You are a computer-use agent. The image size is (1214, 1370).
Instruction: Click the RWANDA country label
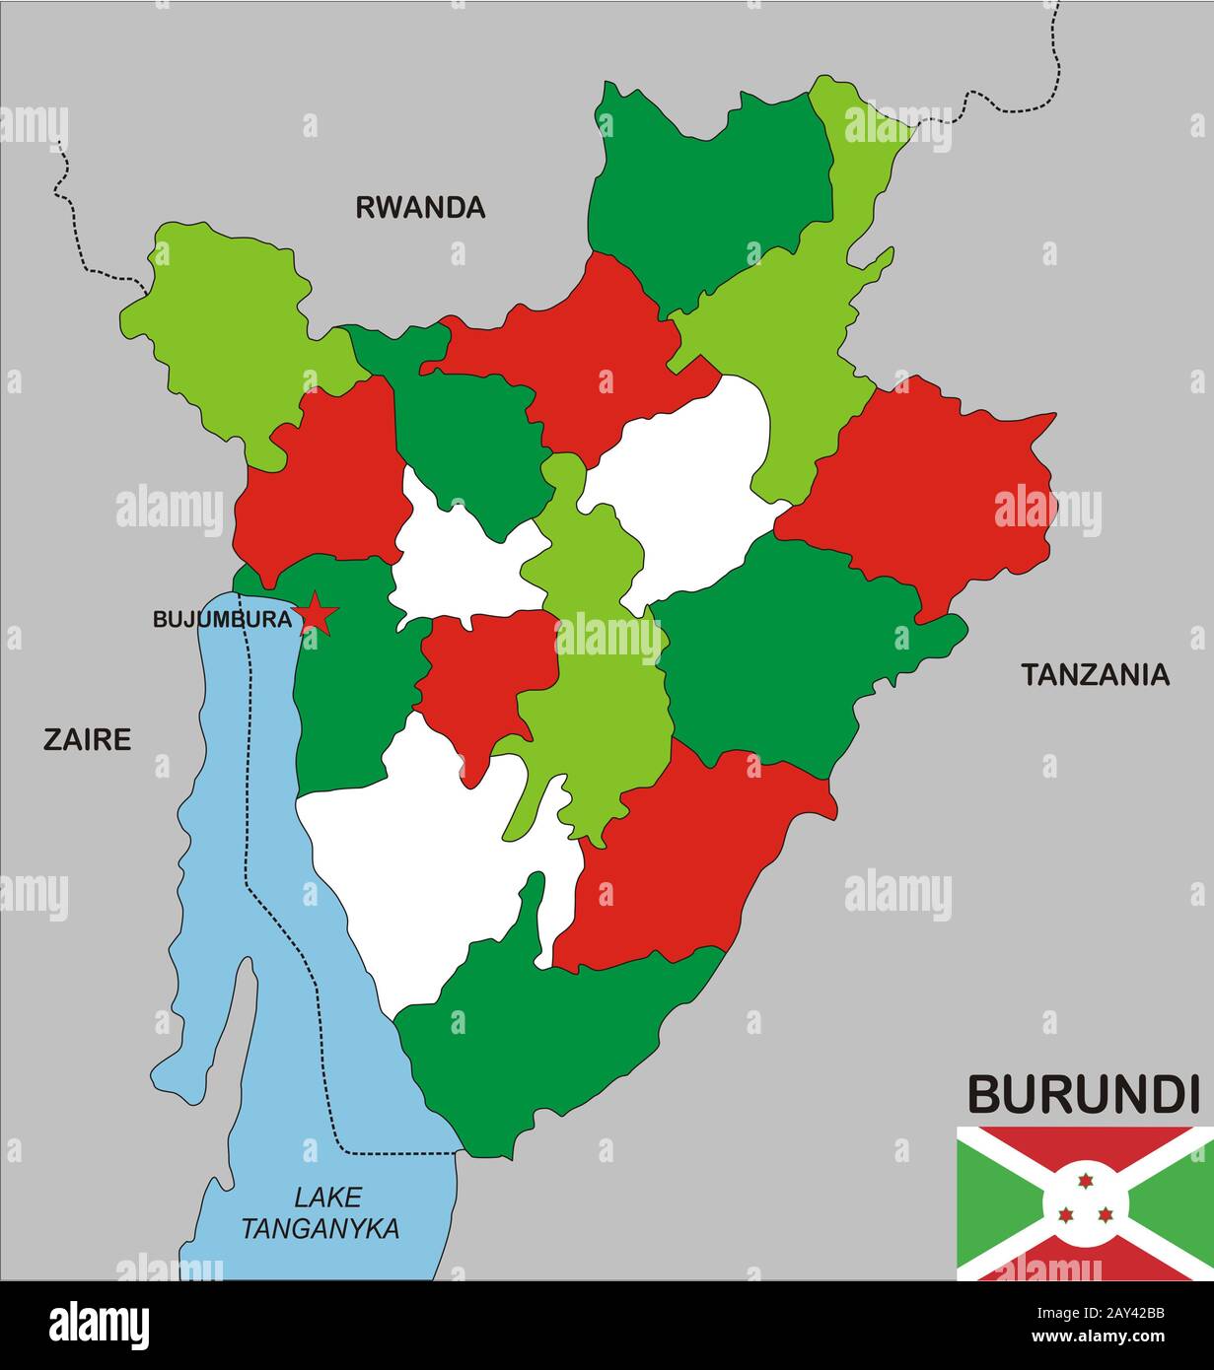coord(420,207)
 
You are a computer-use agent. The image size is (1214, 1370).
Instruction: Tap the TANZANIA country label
coord(1094,675)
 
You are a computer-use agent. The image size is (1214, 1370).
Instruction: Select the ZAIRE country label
coord(87,739)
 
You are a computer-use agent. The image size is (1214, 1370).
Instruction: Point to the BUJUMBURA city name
coord(222,620)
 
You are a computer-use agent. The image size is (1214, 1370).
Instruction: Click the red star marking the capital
coord(317,615)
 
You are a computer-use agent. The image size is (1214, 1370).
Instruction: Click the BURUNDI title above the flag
coord(1082,1094)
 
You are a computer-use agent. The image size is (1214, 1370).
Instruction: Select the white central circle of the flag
coord(1085,1202)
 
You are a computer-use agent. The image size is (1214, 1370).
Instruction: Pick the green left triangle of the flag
coord(991,1203)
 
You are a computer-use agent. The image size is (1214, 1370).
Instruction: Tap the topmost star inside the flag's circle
coord(1085,1181)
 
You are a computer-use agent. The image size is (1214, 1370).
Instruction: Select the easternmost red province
coord(927,483)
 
